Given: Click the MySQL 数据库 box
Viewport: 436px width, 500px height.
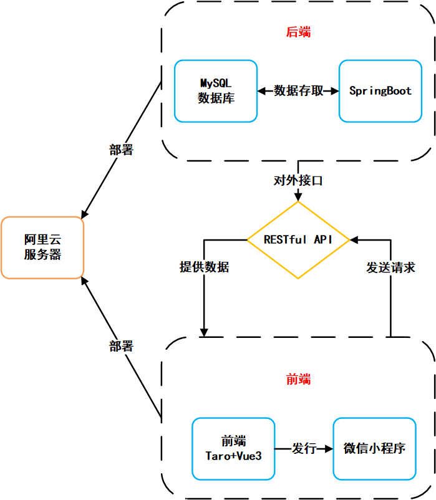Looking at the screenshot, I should tap(215, 91).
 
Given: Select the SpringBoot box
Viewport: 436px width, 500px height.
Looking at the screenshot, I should tap(380, 91).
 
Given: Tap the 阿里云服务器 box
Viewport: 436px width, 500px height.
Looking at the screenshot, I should tap(42, 248).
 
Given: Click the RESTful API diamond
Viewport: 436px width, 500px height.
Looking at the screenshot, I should tap(298, 240).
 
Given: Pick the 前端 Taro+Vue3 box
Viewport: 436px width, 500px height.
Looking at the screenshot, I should tap(233, 448).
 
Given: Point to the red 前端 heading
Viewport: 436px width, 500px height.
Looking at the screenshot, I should tap(298, 379).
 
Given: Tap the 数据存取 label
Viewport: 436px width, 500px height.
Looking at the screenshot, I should tap(298, 91).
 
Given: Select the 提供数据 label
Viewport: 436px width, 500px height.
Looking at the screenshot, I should tap(204, 267).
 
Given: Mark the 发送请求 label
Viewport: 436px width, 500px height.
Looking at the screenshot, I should tap(390, 267).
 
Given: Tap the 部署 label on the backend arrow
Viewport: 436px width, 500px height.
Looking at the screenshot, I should tap(120, 150).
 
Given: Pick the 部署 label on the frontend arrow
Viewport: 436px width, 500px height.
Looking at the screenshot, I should tap(120, 347).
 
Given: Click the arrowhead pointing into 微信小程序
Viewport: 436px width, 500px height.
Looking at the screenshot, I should tap(329, 449).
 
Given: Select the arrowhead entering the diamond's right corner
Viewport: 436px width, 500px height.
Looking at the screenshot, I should tap(354, 240).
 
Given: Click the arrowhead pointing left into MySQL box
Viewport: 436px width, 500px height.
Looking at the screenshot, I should tap(261, 91).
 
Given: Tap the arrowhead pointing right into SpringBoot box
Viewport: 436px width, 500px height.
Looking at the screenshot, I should tap(335, 91).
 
